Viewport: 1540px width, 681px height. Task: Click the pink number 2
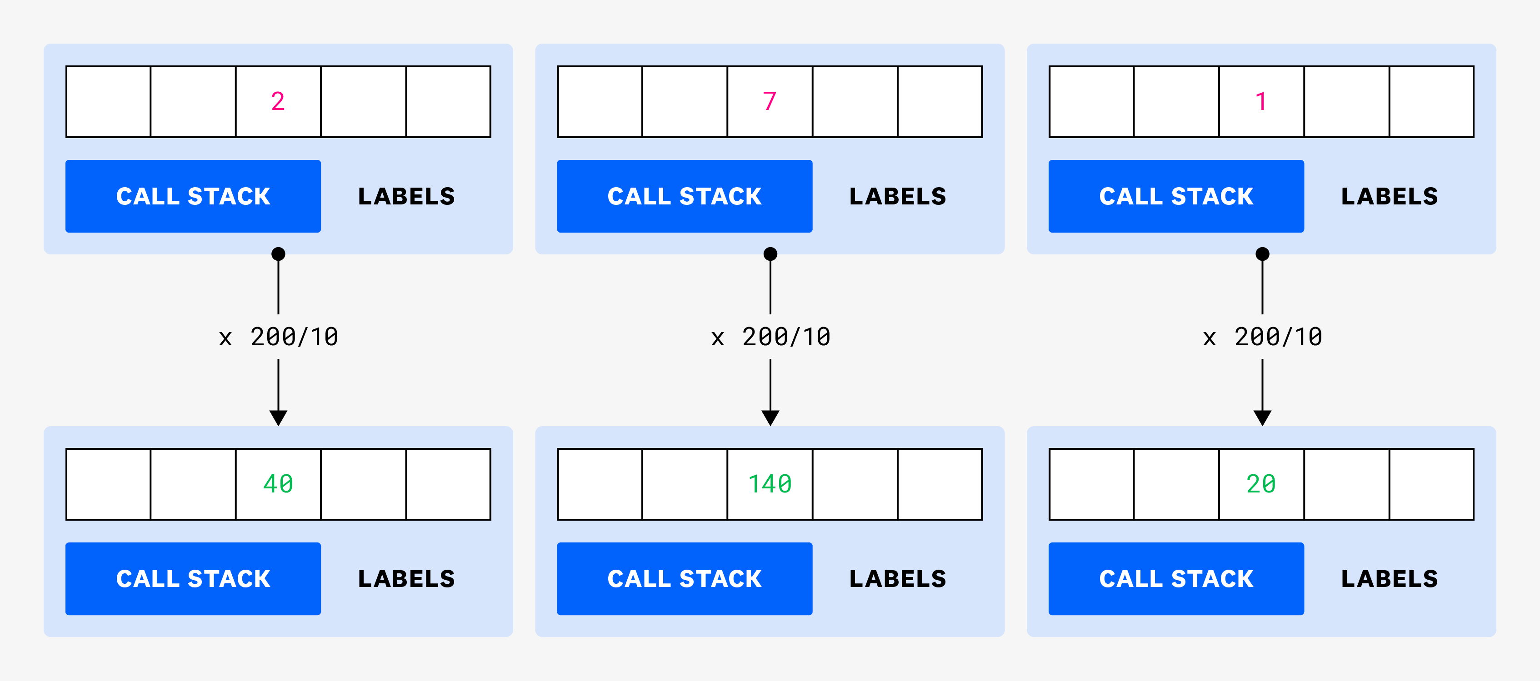tap(278, 102)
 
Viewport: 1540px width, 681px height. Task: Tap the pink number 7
tap(770, 102)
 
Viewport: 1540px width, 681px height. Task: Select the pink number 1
tap(1261, 102)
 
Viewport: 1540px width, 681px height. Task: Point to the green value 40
tap(278, 484)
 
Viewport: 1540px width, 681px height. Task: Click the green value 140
tap(770, 484)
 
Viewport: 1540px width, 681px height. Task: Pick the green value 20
tap(1261, 484)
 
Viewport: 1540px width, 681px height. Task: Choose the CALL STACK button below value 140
tap(685, 578)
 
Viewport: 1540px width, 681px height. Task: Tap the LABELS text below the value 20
tap(1390, 578)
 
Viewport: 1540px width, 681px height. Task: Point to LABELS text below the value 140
tap(898, 578)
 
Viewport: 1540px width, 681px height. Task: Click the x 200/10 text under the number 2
tap(279, 337)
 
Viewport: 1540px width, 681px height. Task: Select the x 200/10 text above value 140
tap(770, 337)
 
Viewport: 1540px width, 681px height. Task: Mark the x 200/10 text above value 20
tap(1263, 337)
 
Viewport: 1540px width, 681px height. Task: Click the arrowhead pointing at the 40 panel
tap(279, 418)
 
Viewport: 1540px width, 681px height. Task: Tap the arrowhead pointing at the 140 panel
tap(770, 418)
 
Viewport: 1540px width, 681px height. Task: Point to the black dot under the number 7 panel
tap(770, 254)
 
